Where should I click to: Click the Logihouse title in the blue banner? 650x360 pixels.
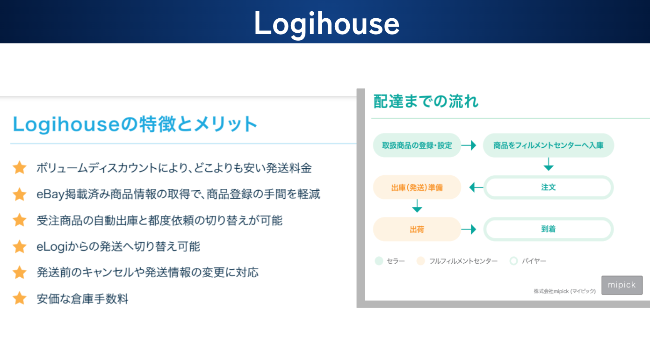pyautogui.click(x=327, y=24)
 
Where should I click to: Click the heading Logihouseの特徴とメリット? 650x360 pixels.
pyautogui.click(x=135, y=124)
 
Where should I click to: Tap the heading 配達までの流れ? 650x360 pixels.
pyautogui.click(x=426, y=101)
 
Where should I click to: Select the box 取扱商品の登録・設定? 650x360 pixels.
pyautogui.click(x=417, y=145)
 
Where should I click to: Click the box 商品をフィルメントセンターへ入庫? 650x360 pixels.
pyautogui.click(x=549, y=145)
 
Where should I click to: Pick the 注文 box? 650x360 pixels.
pyautogui.click(x=549, y=187)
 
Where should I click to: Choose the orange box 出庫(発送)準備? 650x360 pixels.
pyautogui.click(x=417, y=187)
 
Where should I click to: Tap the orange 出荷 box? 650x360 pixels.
pyautogui.click(x=417, y=229)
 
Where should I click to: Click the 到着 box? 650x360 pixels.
pyautogui.click(x=549, y=229)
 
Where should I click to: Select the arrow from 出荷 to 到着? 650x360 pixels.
pyautogui.click(x=469, y=229)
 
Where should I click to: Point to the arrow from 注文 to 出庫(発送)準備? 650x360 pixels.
pyautogui.click(x=476, y=187)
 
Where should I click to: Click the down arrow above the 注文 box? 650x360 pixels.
pyautogui.click(x=549, y=164)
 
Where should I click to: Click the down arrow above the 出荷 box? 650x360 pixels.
pyautogui.click(x=417, y=206)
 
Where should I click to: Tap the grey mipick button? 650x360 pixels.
pyautogui.click(x=622, y=285)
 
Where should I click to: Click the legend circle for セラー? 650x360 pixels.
pyautogui.click(x=379, y=261)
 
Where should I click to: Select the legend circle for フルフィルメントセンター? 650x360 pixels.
pyautogui.click(x=420, y=261)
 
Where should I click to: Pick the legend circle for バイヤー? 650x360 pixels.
pyautogui.click(x=513, y=261)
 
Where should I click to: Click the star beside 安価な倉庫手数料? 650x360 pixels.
pyautogui.click(x=20, y=298)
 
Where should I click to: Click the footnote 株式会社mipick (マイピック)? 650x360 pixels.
pyautogui.click(x=565, y=291)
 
